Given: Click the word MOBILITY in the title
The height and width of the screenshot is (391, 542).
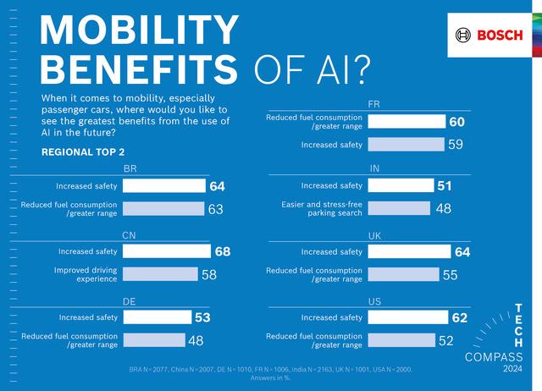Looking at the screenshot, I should (140, 31).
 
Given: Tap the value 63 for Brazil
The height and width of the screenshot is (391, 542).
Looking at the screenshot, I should (215, 209).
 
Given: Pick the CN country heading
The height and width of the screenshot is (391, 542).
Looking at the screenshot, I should (130, 234).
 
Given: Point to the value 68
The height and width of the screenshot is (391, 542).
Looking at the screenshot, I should (222, 251).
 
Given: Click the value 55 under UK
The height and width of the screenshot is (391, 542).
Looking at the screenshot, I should (451, 274).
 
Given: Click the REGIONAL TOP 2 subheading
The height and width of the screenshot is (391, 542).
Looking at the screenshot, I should (83, 151).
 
